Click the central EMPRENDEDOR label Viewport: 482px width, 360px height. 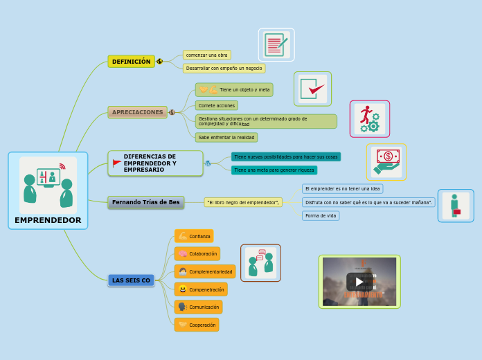[x=48, y=220]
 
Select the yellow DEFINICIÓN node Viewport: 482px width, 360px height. [x=131, y=62]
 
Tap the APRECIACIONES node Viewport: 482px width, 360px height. [x=137, y=112]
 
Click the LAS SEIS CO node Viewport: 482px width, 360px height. [x=131, y=280]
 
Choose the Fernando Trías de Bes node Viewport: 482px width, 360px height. [x=145, y=202]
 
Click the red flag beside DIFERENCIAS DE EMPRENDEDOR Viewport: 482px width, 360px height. [x=116, y=163]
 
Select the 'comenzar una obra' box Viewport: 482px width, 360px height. [x=206, y=55]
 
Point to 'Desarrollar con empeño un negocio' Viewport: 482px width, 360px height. [x=224, y=69]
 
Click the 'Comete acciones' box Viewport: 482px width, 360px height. [x=216, y=106]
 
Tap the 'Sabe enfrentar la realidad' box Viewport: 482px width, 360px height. [x=226, y=138]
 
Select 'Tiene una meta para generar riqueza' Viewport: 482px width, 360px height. [x=274, y=170]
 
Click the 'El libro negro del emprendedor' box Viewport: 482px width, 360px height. [x=243, y=202]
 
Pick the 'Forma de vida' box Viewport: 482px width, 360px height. [x=321, y=216]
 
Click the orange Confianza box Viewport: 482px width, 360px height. [x=194, y=236]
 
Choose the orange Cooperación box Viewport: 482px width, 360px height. [x=197, y=325]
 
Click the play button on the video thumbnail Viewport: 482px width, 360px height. [x=359, y=281]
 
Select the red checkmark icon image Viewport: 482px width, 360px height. [x=312, y=89]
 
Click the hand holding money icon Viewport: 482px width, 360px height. [x=386, y=161]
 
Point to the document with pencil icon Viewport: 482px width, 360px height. [x=276, y=45]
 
